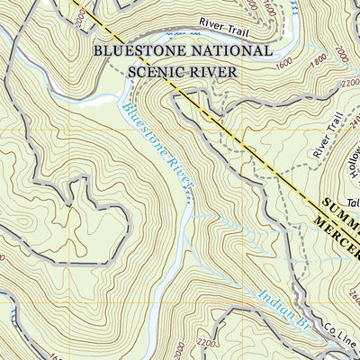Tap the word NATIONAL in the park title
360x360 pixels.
227,51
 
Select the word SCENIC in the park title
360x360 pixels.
150,71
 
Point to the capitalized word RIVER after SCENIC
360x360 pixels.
210,71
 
